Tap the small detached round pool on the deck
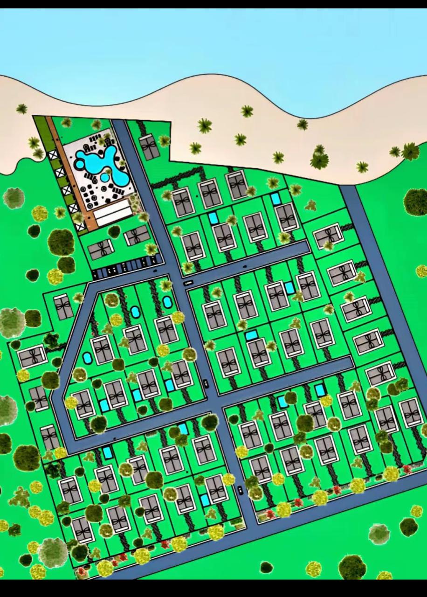(x=104, y=178)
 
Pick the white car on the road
(x=188, y=283)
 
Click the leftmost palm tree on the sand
(x=21, y=109)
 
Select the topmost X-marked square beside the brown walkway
(x=53, y=156)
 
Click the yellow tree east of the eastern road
(x=421, y=271)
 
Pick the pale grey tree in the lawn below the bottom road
(x=379, y=533)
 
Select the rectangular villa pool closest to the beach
(x=276, y=199)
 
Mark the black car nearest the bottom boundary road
(x=240, y=490)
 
